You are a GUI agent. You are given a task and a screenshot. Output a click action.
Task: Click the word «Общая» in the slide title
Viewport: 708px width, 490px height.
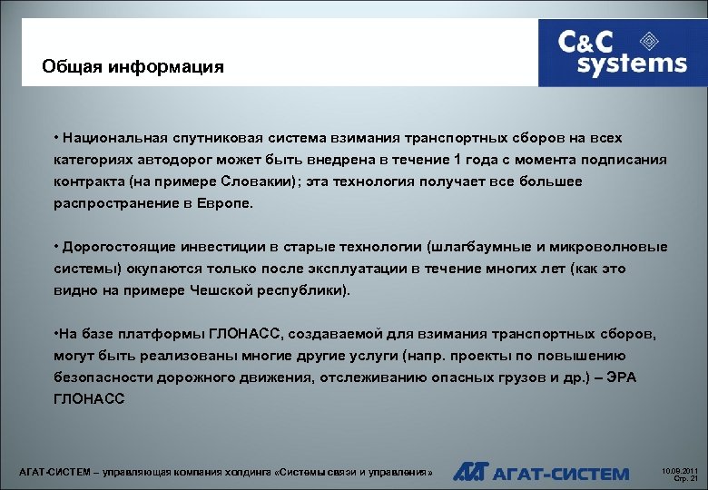[x=73, y=68]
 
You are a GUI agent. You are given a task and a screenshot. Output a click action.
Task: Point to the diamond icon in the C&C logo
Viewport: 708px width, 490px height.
[x=650, y=40]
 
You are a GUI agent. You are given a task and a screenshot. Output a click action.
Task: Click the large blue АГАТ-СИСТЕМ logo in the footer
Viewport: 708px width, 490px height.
[x=542, y=473]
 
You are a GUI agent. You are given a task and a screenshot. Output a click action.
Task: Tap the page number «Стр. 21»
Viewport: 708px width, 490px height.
[x=681, y=478]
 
